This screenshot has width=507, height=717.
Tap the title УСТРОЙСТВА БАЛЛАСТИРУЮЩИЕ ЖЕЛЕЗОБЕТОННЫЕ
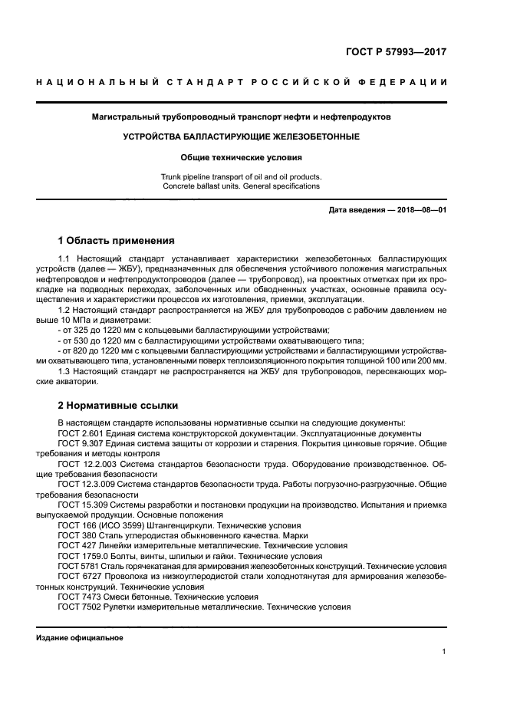[x=242, y=136]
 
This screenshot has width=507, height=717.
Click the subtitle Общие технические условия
[x=242, y=158]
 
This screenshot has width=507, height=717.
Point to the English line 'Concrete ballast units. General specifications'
[x=242, y=186]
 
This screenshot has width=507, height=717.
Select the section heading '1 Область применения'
[x=117, y=240]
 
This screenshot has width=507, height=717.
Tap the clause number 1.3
[x=64, y=372]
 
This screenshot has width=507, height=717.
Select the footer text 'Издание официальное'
[x=79, y=637]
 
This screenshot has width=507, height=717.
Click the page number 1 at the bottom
[x=443, y=652]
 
